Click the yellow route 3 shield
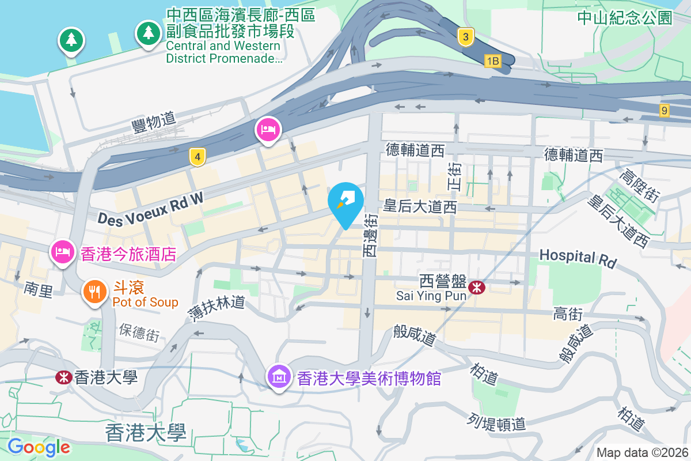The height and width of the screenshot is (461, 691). tap(466, 38)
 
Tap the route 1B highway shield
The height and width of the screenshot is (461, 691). tap(492, 61)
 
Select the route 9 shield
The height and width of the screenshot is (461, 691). tap(665, 110)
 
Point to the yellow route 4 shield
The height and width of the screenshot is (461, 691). tap(198, 156)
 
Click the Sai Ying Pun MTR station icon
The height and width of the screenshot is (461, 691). tap(477, 287)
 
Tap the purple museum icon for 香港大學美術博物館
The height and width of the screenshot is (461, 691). tap(279, 377)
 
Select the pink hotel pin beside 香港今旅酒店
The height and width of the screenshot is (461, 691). tap(63, 252)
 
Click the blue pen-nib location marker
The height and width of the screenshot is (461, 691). tap(345, 202)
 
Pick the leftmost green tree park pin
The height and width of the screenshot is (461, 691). tap(71, 40)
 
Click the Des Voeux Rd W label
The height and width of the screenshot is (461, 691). tap(151, 208)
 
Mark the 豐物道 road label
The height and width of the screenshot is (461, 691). tap(153, 120)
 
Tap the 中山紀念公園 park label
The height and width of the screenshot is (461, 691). tap(625, 18)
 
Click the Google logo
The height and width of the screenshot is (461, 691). tap(39, 447)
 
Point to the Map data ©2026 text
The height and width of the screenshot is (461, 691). tap(641, 452)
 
